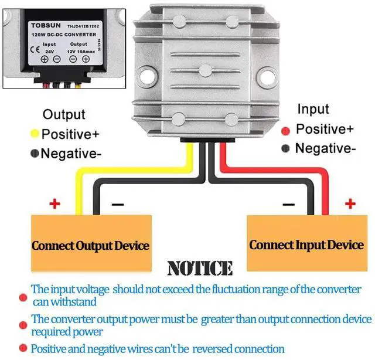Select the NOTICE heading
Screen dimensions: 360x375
(x=199, y=269)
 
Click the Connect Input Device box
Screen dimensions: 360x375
(x=306, y=244)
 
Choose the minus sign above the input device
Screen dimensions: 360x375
(x=288, y=205)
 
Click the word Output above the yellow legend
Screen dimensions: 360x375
(x=64, y=115)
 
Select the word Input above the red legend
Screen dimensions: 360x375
(x=313, y=109)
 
